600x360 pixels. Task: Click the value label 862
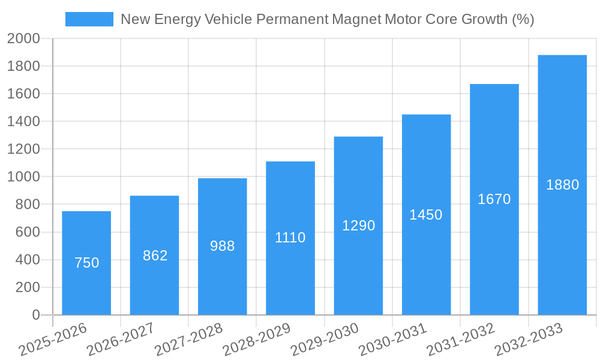coord(155,256)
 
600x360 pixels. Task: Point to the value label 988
coord(223,246)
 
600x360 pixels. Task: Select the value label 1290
coord(358,226)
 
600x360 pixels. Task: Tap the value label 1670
coord(494,199)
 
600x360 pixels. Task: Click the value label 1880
coord(562,185)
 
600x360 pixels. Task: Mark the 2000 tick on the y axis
coord(23,39)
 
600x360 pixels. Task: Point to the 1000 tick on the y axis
coord(23,177)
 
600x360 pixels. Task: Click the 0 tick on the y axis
coord(35,315)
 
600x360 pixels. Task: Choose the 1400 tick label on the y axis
coord(23,122)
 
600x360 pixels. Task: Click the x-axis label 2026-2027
coord(121,340)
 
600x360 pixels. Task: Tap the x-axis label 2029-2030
coord(325,340)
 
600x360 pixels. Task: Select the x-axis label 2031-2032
coord(461,340)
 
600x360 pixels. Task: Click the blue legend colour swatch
coord(89,19)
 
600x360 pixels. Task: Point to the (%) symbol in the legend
coord(523,19)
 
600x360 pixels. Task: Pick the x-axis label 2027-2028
coord(188,340)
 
